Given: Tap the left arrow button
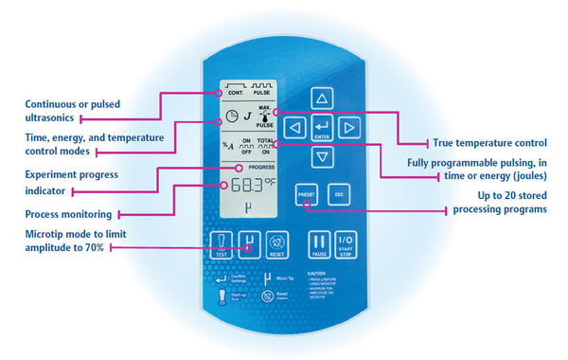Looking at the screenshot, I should [x=295, y=127].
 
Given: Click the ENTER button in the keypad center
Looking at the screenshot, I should [x=322, y=127].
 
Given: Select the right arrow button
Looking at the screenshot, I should [x=348, y=127].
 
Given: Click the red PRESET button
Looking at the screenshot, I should [x=306, y=193].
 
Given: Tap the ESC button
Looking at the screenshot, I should [x=338, y=193].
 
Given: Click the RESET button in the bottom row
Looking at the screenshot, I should [x=276, y=244].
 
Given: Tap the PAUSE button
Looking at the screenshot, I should [x=317, y=244].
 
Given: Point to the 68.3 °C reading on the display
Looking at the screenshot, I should [x=249, y=187].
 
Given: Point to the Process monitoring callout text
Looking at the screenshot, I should [x=69, y=215].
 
